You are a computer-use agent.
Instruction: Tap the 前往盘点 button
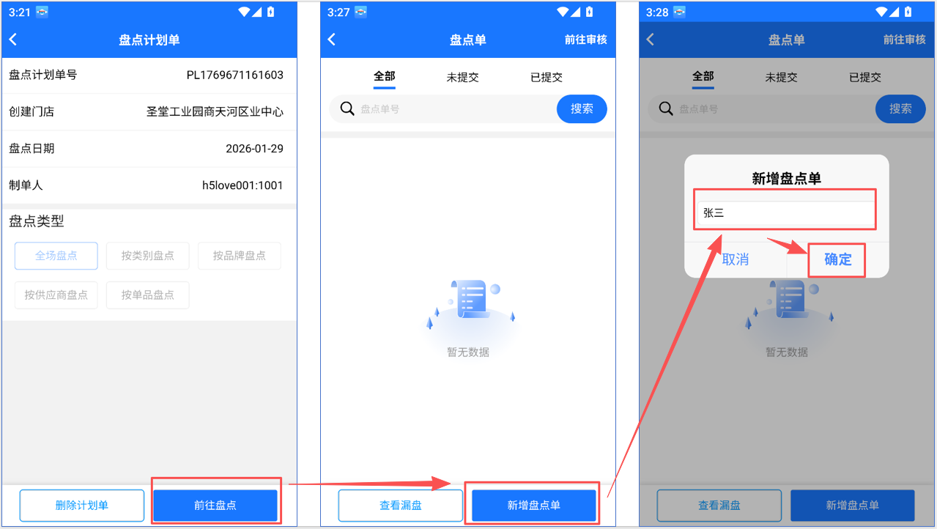point(215,505)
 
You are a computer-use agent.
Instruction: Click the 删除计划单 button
point(82,505)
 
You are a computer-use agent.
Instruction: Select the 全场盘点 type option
point(56,256)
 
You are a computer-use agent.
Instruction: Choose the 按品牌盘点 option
point(240,256)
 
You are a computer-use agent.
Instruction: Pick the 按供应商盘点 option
point(56,295)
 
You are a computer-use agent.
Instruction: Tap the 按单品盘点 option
point(148,295)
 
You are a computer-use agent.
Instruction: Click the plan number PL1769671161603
point(234,75)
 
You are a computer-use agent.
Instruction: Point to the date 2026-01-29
point(254,149)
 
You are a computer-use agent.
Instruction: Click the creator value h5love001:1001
point(242,185)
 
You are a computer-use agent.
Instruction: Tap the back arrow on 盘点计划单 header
point(13,40)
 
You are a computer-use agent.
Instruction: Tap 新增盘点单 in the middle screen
point(534,505)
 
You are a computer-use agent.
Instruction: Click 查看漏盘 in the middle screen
point(400,505)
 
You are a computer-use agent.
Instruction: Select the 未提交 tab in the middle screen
point(463,78)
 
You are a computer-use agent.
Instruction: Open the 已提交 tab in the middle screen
point(547,78)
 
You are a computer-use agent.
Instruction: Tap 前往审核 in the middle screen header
point(585,40)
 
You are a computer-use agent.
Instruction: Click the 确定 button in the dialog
point(838,259)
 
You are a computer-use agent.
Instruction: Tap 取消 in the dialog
point(736,259)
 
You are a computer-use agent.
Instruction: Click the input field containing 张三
point(786,212)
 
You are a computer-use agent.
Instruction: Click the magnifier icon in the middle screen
point(347,109)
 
